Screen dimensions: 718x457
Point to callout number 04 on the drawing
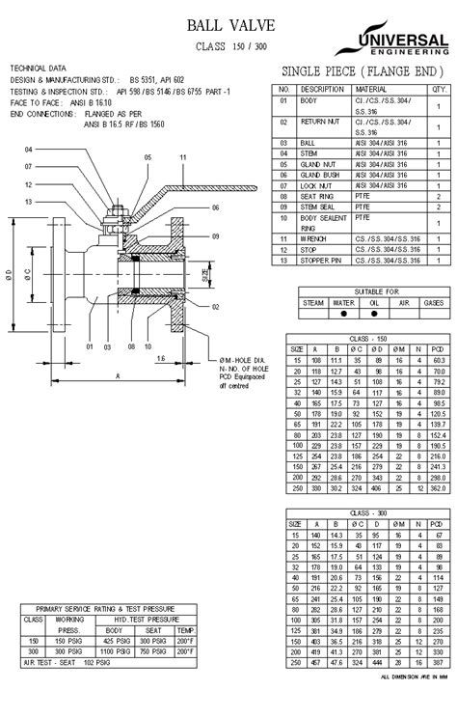pyautogui.click(x=29, y=150)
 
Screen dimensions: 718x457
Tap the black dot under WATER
pyautogui.click(x=343, y=313)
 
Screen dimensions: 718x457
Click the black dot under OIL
pyautogui.click(x=373, y=313)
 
